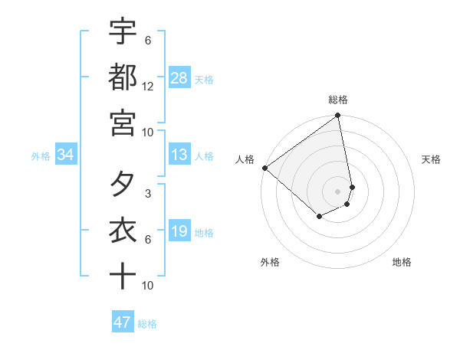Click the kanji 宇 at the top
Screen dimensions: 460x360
[123, 32]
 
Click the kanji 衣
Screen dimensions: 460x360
[123, 231]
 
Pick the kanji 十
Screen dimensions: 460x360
[123, 276]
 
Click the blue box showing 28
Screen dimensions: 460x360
[179, 78]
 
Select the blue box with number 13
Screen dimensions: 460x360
[179, 155]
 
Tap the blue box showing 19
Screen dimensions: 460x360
[179, 231]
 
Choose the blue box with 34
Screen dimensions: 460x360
[66, 155]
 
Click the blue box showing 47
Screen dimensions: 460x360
[123, 322]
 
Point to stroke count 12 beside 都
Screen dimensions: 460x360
[148, 87]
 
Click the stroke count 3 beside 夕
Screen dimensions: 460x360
[147, 194]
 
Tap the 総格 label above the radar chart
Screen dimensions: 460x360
[338, 100]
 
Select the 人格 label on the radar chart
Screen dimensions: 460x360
[245, 159]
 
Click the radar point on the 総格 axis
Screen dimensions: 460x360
[337, 116]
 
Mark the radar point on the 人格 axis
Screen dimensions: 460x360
[264, 168]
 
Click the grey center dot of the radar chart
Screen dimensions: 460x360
[337, 191]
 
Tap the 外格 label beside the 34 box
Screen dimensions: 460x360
[41, 155]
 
